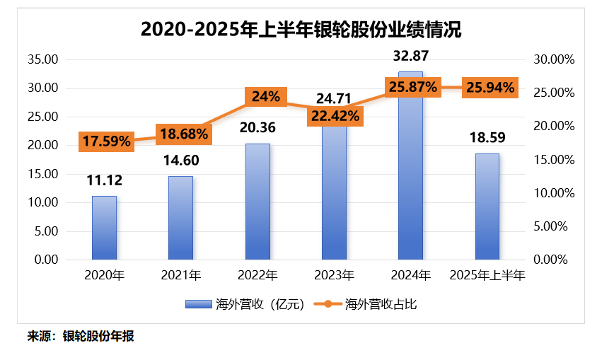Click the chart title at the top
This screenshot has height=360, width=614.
click(301, 30)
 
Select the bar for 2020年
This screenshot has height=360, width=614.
click(104, 227)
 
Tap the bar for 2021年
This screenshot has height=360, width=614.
click(180, 217)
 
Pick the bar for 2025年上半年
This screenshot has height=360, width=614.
click(487, 206)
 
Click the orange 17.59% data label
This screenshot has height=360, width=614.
click(106, 141)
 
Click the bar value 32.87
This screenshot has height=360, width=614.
click(412, 55)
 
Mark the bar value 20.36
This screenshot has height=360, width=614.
click(257, 128)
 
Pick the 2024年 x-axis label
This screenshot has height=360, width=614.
click(411, 274)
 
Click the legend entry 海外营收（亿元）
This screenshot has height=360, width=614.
click(244, 305)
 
